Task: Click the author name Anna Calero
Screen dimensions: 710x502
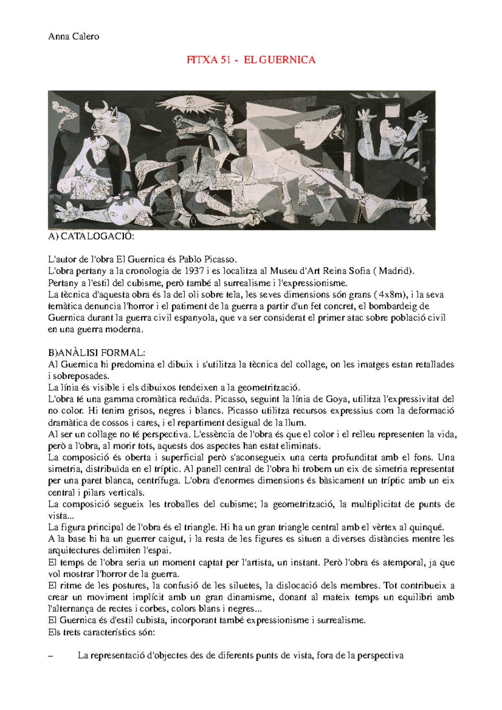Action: coord(74,36)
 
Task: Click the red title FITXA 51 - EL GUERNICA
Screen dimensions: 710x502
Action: coord(251,60)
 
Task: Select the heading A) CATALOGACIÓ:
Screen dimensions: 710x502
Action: coord(91,237)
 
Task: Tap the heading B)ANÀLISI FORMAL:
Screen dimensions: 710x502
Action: coord(97,352)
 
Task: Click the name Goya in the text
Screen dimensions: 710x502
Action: coord(336,399)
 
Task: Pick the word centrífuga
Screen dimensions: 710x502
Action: coord(159,480)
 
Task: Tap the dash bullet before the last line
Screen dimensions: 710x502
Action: coord(51,656)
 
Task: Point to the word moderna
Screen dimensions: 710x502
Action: coord(124,329)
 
